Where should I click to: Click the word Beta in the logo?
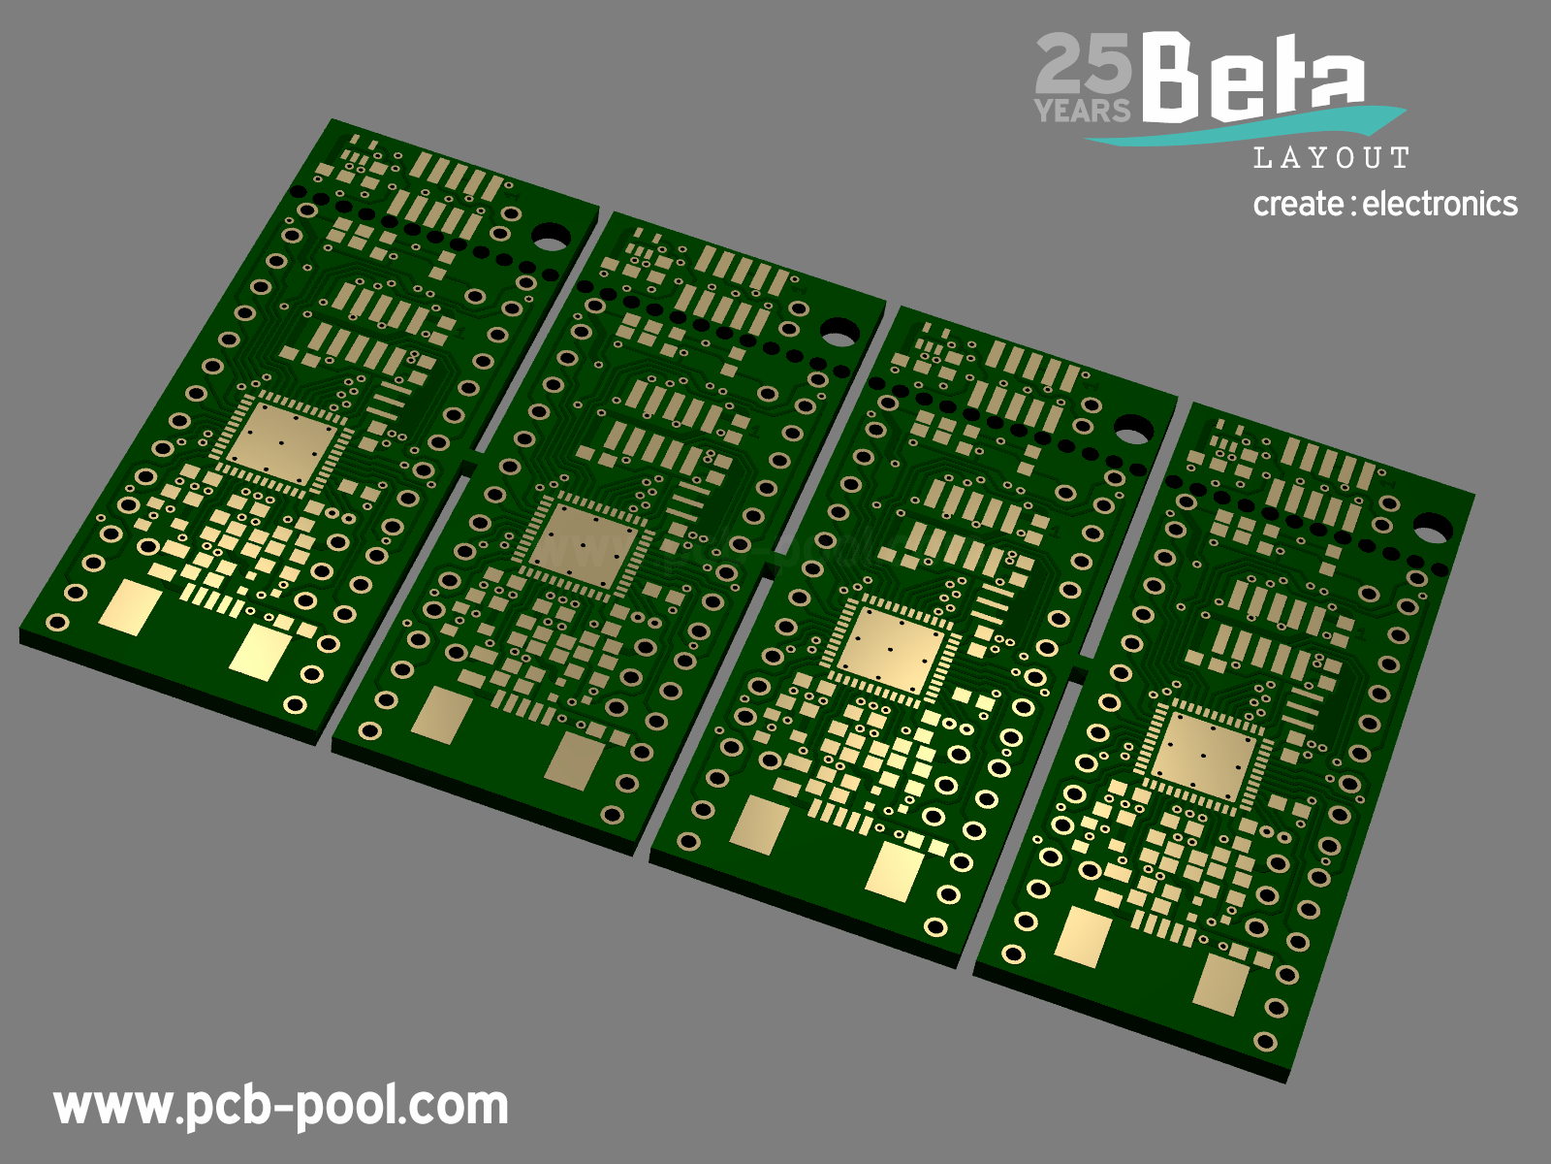coord(1253,77)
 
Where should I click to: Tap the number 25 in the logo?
coord(1083,64)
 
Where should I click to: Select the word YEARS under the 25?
coord(1082,111)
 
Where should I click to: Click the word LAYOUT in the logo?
coord(1331,157)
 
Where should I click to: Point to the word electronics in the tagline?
coord(1440,205)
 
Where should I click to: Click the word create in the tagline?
coord(1298,205)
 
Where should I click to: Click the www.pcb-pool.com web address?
coord(280,1108)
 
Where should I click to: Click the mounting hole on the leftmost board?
coord(551,238)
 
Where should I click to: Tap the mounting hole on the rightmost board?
coord(1433,528)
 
